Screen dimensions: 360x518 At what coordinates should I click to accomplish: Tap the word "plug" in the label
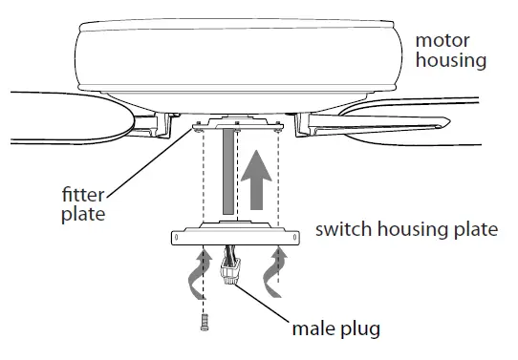click(x=361, y=332)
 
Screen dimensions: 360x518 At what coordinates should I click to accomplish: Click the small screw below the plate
click(x=204, y=324)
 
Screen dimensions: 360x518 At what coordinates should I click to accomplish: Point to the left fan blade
click(x=67, y=113)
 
